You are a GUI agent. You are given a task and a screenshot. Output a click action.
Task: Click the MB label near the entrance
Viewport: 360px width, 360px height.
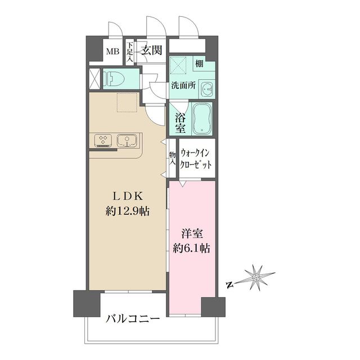coord(112,52)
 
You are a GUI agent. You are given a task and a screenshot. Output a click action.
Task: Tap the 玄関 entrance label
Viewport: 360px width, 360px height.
coord(151,51)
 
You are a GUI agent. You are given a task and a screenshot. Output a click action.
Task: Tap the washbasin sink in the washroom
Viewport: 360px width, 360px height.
coord(207,89)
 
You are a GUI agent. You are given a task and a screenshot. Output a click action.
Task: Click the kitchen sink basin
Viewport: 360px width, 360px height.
coord(127,139)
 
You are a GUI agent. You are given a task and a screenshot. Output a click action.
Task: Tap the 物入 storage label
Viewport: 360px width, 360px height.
coord(172,157)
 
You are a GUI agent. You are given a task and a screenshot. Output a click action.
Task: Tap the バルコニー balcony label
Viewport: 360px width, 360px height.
coord(133,318)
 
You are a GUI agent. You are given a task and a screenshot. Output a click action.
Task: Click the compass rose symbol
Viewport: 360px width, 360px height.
coord(256,277)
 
